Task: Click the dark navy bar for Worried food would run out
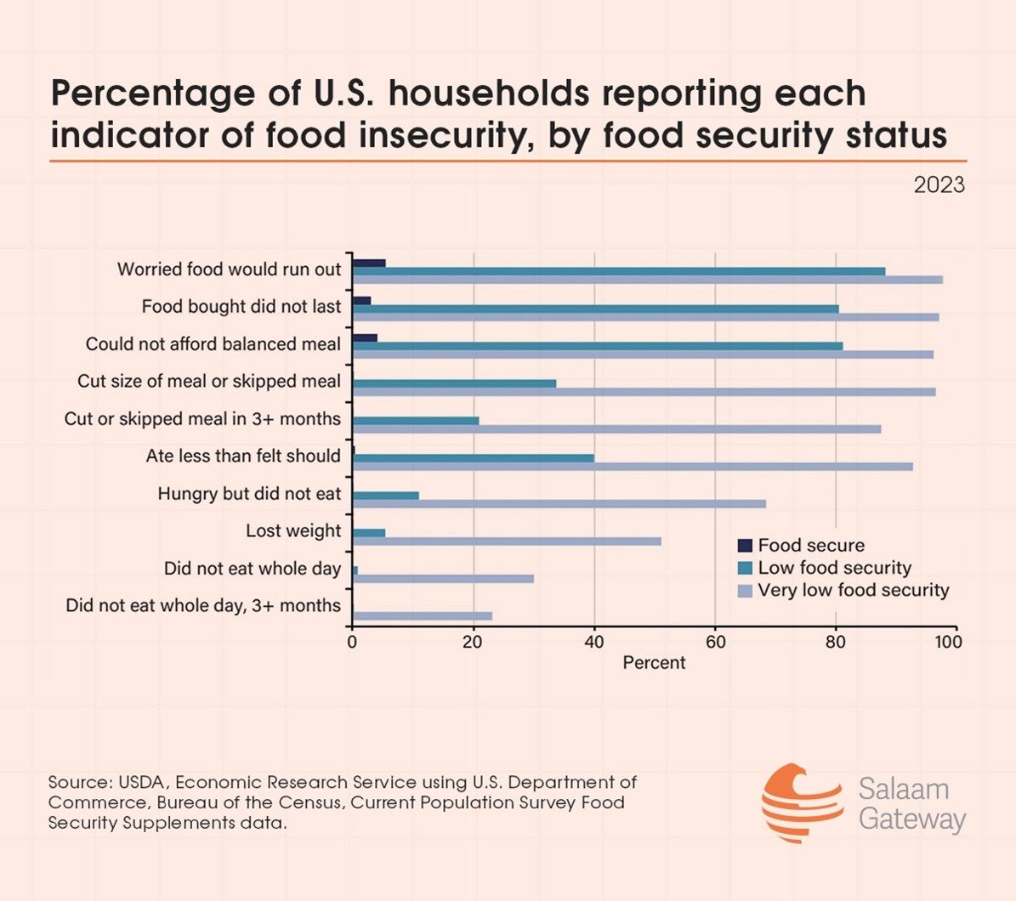point(369,263)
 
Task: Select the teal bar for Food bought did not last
point(595,309)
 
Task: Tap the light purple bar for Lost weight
point(506,541)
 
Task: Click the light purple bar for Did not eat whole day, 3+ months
point(422,616)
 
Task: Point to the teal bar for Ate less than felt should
point(473,457)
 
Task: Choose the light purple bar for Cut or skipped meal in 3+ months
point(616,429)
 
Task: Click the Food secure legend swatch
point(745,546)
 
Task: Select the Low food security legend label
point(834,568)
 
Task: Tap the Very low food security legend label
point(853,590)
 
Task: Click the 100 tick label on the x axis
point(948,642)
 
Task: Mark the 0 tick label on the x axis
point(352,642)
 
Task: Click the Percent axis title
point(654,663)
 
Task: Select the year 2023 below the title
point(939,184)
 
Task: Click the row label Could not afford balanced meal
point(213,344)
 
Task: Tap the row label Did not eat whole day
point(252,569)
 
